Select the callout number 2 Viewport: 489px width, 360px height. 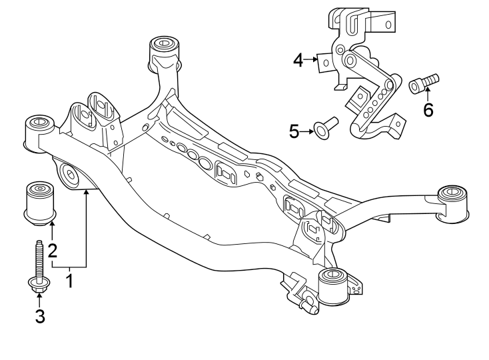click(51, 251)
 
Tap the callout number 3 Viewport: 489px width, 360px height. click(39, 316)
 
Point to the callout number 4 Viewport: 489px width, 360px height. click(298, 61)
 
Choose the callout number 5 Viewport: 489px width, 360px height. click(294, 131)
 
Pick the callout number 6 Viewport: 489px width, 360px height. click(428, 109)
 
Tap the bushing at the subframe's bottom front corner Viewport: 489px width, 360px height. click(332, 286)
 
